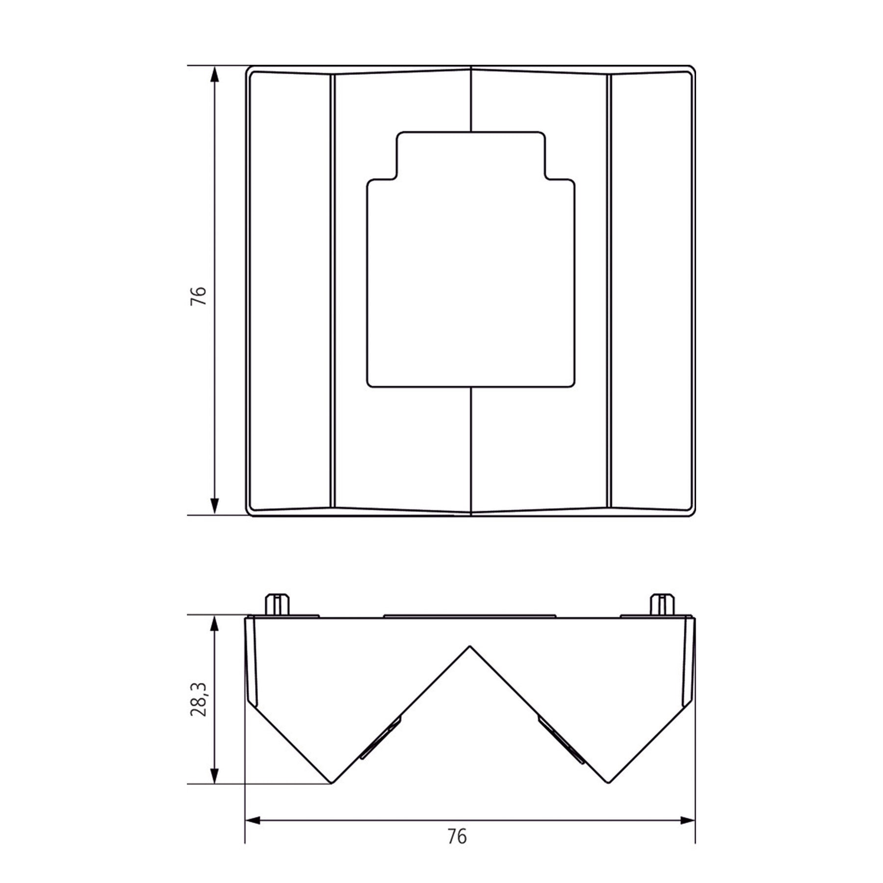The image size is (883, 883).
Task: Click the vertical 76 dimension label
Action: pyautogui.click(x=199, y=296)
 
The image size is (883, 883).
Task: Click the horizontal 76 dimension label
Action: pyautogui.click(x=457, y=837)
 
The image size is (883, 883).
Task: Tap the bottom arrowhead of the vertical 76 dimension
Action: pyautogui.click(x=214, y=504)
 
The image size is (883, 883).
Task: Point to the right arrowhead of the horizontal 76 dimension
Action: pyautogui.click(x=684, y=820)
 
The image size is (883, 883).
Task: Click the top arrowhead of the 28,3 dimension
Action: pyautogui.click(x=214, y=626)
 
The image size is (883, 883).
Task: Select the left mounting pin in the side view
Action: pyautogui.click(x=277, y=604)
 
